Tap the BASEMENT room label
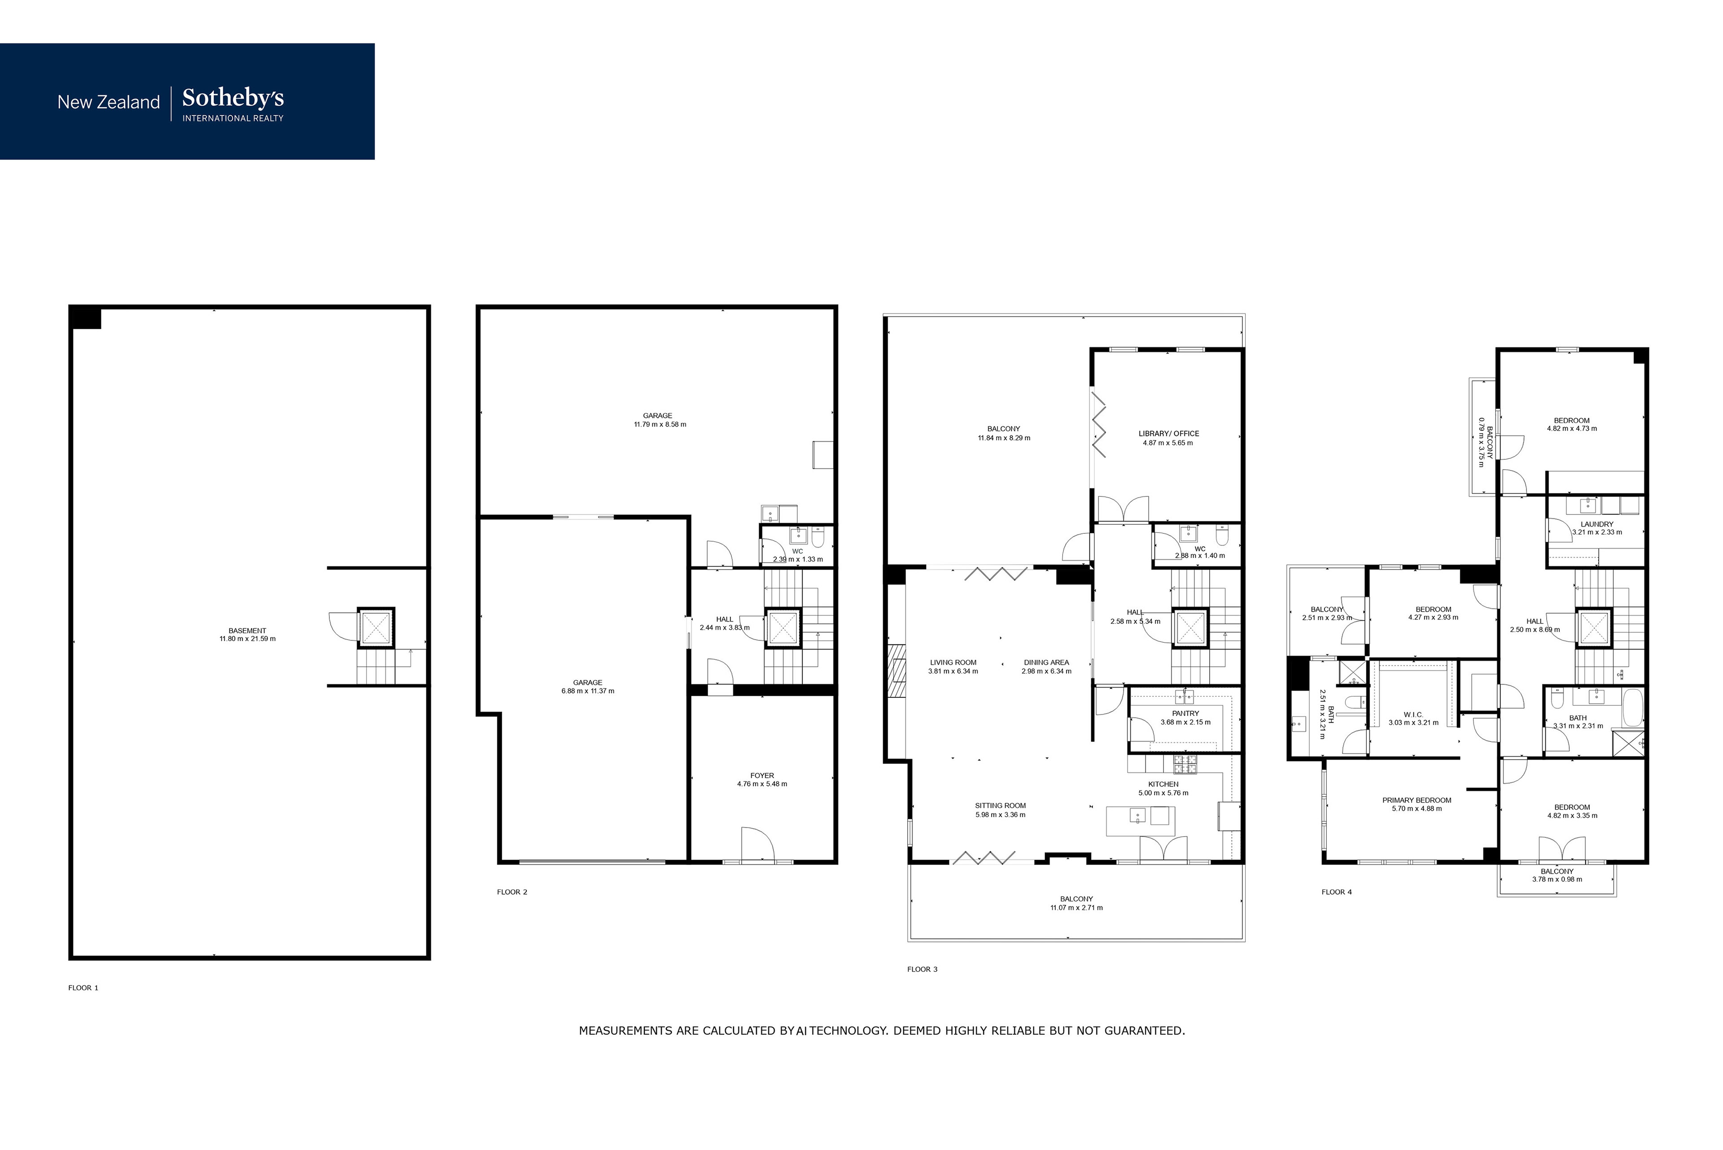(247, 631)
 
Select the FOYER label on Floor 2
(762, 775)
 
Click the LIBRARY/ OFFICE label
(1168, 433)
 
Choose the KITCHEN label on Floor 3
(1163, 784)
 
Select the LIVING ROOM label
(953, 662)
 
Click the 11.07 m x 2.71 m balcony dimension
(1076, 908)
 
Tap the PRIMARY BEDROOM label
(1417, 800)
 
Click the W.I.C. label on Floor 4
(1413, 714)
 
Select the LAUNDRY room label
(1597, 524)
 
